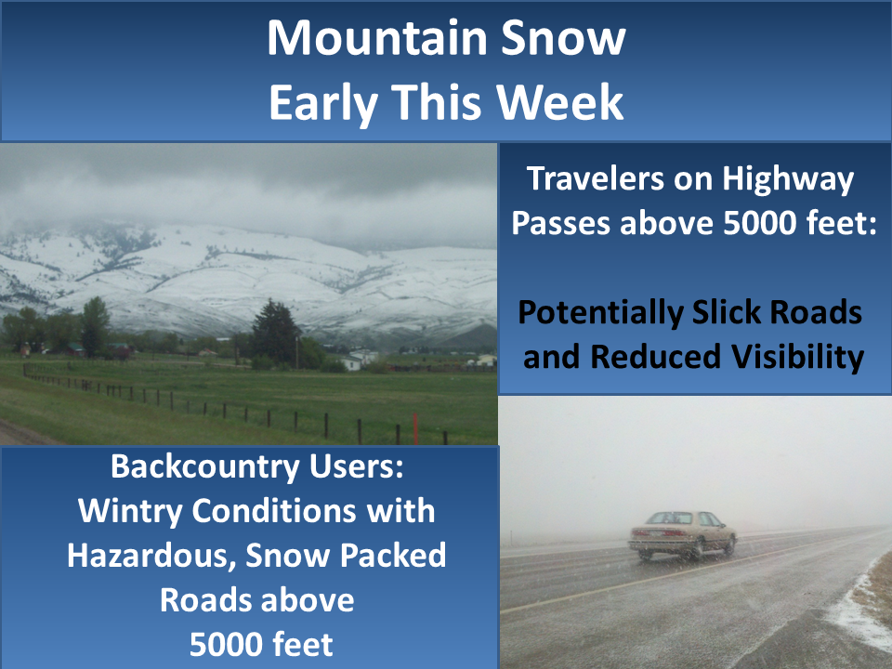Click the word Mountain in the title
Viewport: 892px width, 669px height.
pyautogui.click(x=375, y=38)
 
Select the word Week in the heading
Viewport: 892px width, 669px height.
pyautogui.click(x=559, y=101)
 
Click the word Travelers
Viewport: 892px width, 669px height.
pyautogui.click(x=596, y=178)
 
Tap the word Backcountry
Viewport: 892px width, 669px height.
pyautogui.click(x=204, y=467)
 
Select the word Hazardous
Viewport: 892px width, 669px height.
pyautogui.click(x=151, y=557)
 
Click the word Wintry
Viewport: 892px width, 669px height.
pyautogui.click(x=130, y=512)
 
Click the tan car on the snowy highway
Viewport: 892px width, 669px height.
pyautogui.click(x=682, y=535)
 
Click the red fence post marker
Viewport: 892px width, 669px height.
pyautogui.click(x=416, y=428)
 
